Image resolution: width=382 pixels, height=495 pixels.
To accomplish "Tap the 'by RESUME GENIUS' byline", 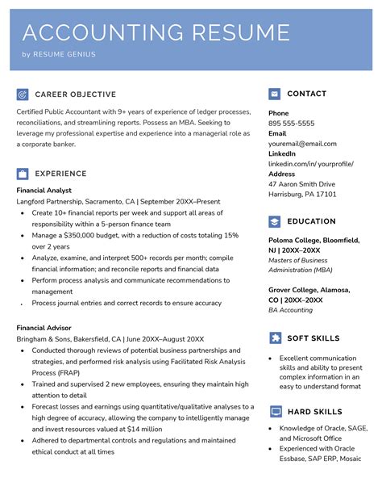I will pyautogui.click(x=59, y=55).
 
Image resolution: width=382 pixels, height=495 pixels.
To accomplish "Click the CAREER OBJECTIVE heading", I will pyautogui.click(x=76, y=94).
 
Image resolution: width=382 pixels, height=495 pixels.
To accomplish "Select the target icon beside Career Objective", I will pyautogui.click(x=23, y=94).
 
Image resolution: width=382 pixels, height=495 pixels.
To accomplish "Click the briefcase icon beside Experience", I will pyautogui.click(x=23, y=174).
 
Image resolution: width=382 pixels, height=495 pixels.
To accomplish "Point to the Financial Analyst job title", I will pyautogui.click(x=44, y=190).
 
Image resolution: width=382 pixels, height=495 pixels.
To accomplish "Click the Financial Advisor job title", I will pyautogui.click(x=44, y=328).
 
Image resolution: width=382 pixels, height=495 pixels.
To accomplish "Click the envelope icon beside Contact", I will pyautogui.click(x=274, y=94).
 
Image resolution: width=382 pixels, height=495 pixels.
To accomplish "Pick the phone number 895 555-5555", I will pyautogui.click(x=291, y=124).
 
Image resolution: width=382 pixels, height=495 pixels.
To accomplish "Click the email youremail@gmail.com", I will pyautogui.click(x=302, y=144).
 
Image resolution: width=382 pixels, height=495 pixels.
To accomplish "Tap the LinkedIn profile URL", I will pyautogui.click(x=311, y=164).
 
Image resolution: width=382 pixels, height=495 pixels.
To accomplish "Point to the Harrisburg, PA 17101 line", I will pyautogui.click(x=302, y=195).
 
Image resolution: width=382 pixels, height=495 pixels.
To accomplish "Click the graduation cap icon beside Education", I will pyautogui.click(x=274, y=221).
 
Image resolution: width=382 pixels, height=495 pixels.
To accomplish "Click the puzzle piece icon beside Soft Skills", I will pyautogui.click(x=274, y=338).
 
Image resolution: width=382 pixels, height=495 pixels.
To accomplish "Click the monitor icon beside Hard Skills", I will pyautogui.click(x=274, y=411).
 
